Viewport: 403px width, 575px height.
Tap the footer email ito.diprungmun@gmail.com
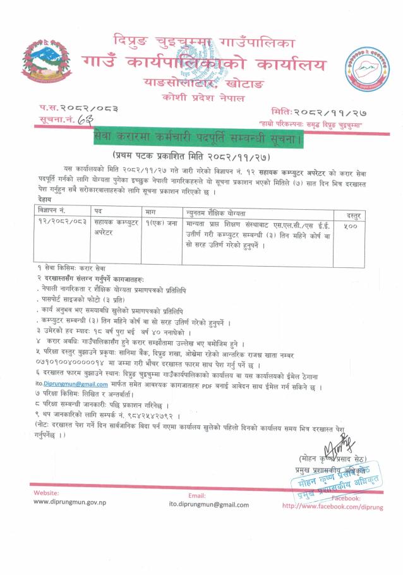(x=210, y=505)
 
